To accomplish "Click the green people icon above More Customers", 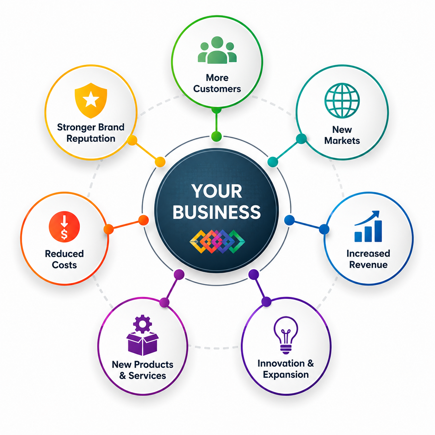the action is pos(217,50).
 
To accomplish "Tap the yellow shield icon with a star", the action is pos(91,100).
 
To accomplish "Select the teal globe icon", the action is pos(342,100).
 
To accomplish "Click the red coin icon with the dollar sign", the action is pos(64,227).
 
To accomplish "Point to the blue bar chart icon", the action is pos(368,227).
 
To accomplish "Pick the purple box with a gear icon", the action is pos(143,335).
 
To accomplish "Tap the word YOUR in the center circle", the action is pos(217,191).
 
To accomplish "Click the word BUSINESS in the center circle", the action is pos(217,212).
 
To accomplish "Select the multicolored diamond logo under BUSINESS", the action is pos(217,241).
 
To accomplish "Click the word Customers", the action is pos(217,89).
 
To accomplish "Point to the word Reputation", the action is pos(91,139).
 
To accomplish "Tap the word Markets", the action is pos(342,140).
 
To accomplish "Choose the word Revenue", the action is pos(368,265).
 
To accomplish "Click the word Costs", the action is pos(64,265).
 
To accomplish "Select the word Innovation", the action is pos(281,364).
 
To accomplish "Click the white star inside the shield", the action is pos(91,99).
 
